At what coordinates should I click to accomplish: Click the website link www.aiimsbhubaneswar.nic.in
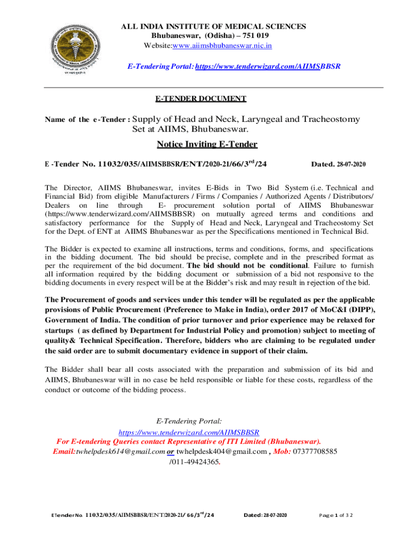(x=230, y=46)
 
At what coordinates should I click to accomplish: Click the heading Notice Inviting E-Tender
(x=207, y=144)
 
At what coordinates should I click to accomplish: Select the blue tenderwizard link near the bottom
(x=189, y=433)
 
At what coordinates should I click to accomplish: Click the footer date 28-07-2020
(x=266, y=515)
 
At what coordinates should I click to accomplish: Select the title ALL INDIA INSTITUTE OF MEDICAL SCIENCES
(x=214, y=27)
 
